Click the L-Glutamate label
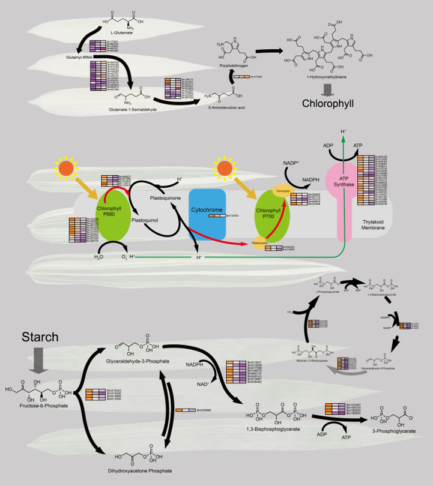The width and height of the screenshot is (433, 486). pyautogui.click(x=122, y=33)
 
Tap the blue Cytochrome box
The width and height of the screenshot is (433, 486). pyautogui.click(x=207, y=214)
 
